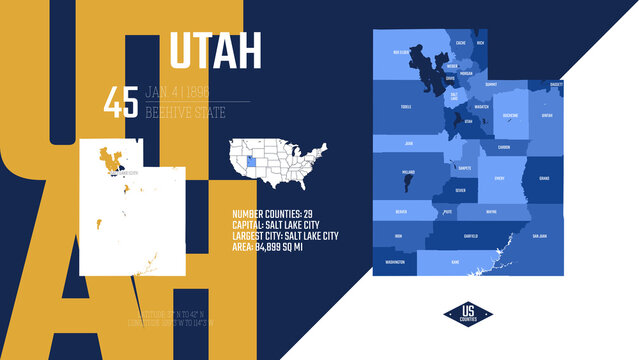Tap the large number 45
click(x=121, y=103)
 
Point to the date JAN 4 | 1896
click(x=185, y=92)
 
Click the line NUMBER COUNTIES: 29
click(x=273, y=214)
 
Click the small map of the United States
click(x=280, y=163)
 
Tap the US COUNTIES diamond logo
click(x=468, y=313)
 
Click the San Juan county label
click(x=540, y=236)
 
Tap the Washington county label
click(x=395, y=262)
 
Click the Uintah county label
click(x=546, y=115)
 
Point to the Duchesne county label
click(x=509, y=115)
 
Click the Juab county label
click(x=409, y=143)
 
